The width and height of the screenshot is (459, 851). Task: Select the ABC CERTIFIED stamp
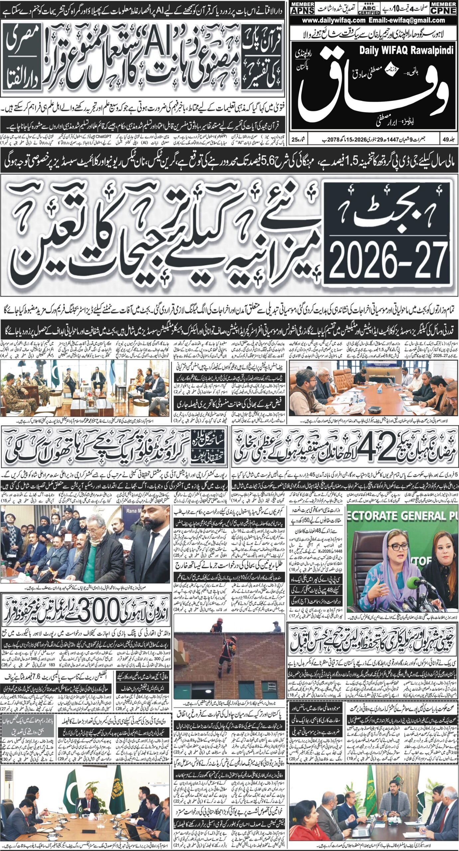pyautogui.click(x=369, y=9)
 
